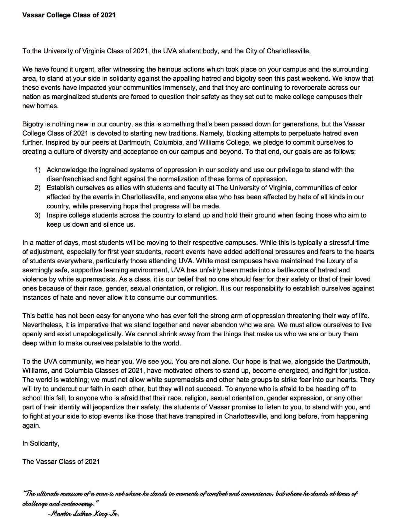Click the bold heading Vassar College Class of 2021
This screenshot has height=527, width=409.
[x=69, y=15]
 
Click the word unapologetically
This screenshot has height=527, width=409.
[x=99, y=334]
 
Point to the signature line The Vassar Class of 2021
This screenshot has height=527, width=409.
[x=61, y=462]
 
